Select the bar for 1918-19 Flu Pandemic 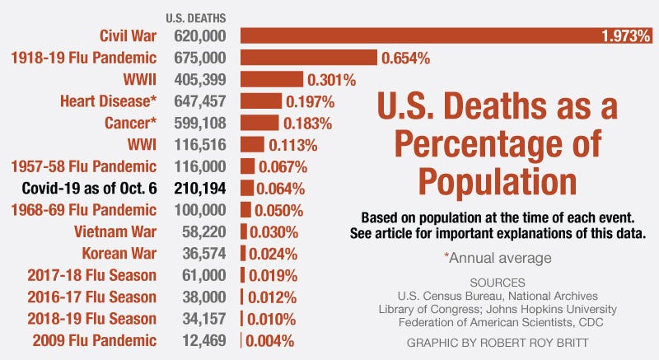pos(308,58)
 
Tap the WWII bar pos(272,80)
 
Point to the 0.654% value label pos(405,58)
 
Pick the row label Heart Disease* pos(107,102)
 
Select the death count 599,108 pos(201,124)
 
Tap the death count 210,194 pos(201,188)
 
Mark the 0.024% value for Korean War pos(273,253)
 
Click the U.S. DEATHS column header pos(196,17)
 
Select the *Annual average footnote pos(497,258)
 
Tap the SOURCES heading pos(496,282)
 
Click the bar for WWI pos(252,145)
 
